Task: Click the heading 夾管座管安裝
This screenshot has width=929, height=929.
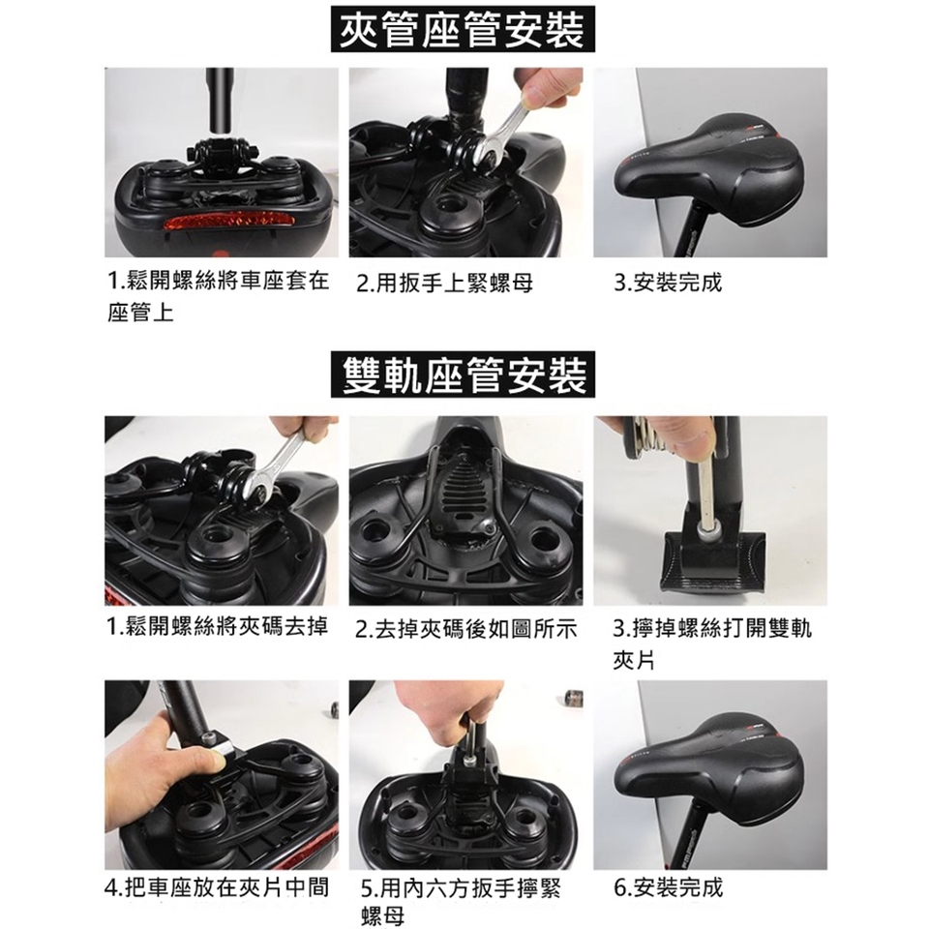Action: click(x=463, y=29)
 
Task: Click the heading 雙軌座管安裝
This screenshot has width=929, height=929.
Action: click(x=463, y=375)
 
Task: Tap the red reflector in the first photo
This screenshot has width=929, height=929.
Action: click(x=229, y=223)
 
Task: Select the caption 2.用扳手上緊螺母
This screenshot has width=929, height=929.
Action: click(x=445, y=284)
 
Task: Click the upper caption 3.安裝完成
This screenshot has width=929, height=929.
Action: click(x=668, y=283)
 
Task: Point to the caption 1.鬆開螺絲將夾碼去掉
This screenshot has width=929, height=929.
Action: click(x=218, y=626)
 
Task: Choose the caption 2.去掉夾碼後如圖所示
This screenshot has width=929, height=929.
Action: click(x=465, y=629)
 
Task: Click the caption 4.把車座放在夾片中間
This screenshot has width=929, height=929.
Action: click(x=217, y=887)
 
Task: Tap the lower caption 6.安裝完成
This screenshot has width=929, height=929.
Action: click(x=669, y=887)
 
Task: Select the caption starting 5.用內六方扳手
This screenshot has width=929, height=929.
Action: click(x=461, y=902)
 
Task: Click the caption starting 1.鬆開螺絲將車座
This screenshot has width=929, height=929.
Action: click(x=218, y=296)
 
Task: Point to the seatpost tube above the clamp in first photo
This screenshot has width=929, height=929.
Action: click(x=220, y=101)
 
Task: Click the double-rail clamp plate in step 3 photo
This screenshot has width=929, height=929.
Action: click(x=713, y=559)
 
